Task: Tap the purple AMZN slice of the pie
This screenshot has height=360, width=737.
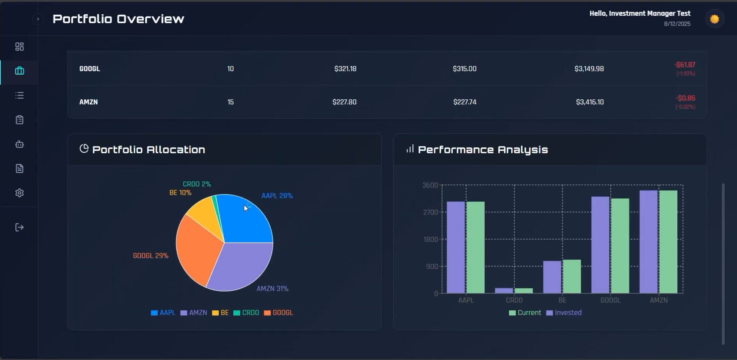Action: [241, 268]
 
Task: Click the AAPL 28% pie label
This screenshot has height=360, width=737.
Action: [277, 196]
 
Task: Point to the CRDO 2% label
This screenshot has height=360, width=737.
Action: [197, 184]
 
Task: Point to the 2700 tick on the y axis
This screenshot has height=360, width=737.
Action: [430, 212]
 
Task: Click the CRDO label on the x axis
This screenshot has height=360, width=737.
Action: [514, 300]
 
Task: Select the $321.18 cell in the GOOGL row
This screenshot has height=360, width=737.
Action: [345, 69]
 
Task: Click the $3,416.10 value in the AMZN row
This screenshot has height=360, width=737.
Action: [590, 102]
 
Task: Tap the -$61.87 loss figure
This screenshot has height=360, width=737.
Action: [685, 65]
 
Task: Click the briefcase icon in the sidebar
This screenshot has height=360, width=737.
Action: [20, 71]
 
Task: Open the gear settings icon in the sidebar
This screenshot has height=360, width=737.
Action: [20, 193]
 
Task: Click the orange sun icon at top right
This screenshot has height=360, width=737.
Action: [715, 19]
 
